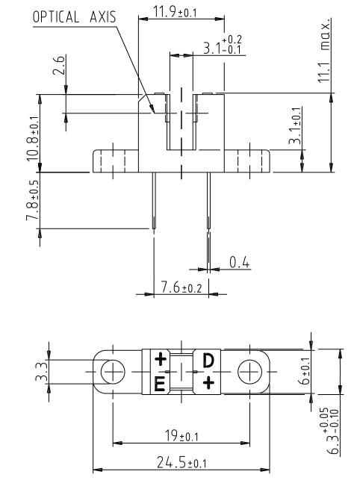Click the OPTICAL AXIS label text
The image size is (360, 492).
pos(75,17)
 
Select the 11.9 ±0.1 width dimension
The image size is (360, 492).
pos(175,12)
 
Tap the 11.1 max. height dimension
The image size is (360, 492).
pos(325,50)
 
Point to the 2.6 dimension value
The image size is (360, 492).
pos(59,65)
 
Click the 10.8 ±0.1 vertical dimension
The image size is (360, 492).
pos(32,139)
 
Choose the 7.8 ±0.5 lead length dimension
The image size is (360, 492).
pos(32,200)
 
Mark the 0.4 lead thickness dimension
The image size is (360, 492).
pos(239,262)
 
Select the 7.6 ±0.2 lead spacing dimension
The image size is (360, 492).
pos(181,287)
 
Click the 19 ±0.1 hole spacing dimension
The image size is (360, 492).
pos(181,436)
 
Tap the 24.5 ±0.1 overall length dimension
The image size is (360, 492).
pos(181,462)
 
